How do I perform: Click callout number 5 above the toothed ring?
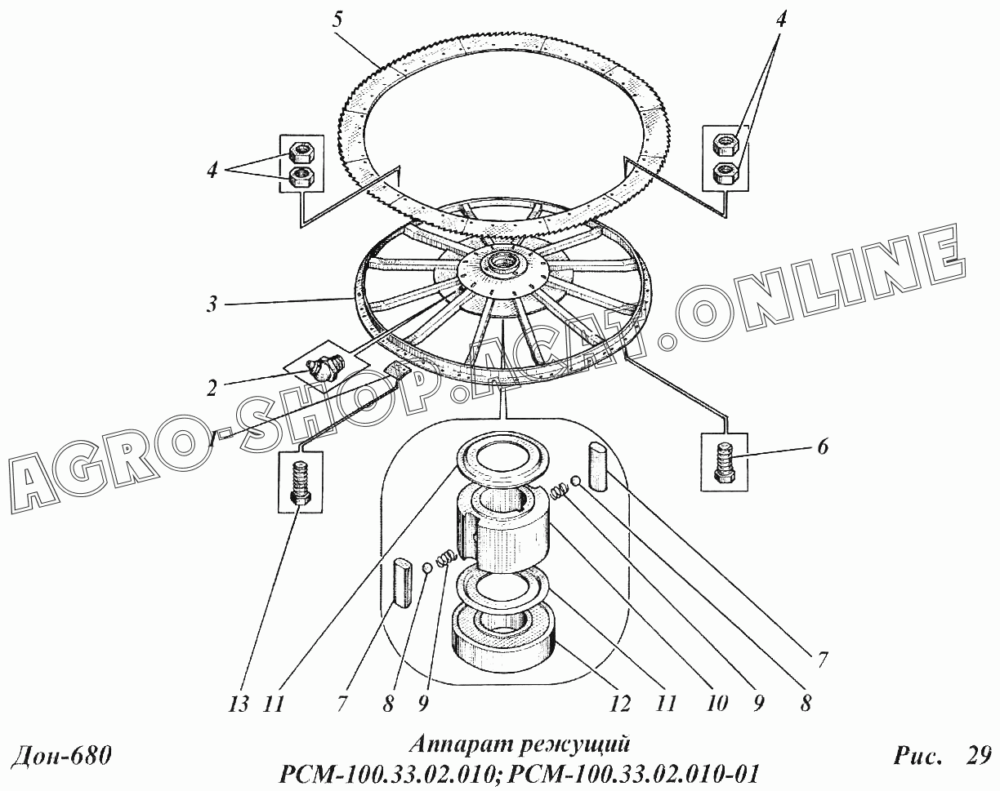click(337, 21)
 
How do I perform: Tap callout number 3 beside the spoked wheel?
click(212, 305)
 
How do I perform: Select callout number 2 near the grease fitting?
click(212, 389)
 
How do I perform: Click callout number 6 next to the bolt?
click(822, 447)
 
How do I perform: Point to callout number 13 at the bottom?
click(239, 704)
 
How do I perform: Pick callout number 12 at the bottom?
click(620, 704)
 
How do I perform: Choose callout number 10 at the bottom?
click(716, 704)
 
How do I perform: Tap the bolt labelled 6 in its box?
click(725, 462)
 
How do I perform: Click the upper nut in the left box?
click(301, 151)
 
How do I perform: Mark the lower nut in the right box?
click(725, 173)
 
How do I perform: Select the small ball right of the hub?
click(576, 481)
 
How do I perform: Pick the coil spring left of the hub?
click(447, 558)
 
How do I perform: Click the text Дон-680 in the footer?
click(61, 756)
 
